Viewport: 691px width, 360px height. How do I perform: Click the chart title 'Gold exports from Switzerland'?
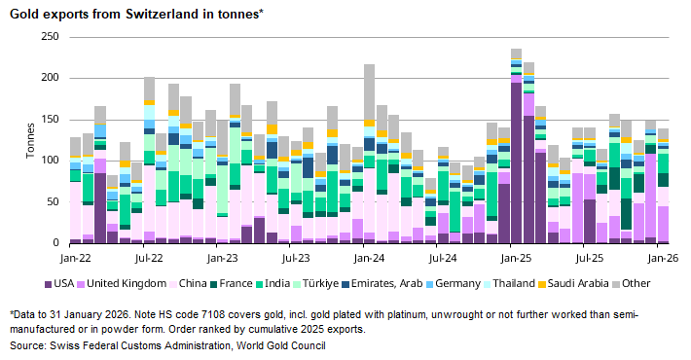[135, 15]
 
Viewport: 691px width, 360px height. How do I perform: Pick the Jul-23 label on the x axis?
[296, 260]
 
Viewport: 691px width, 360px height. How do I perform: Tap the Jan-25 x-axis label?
[516, 260]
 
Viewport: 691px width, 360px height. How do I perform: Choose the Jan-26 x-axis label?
[663, 260]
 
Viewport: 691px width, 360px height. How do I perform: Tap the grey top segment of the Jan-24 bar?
[369, 92]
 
